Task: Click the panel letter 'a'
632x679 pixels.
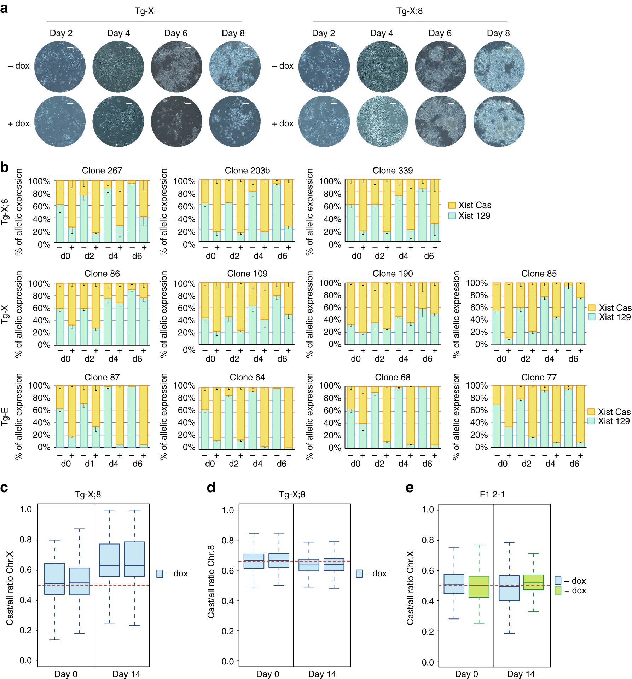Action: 4,8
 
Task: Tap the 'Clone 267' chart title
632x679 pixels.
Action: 102,171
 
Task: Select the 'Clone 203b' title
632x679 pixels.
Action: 247,171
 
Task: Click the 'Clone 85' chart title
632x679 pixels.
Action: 539,274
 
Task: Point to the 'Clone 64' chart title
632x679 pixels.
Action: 247,377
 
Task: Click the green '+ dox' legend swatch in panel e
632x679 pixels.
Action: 558,591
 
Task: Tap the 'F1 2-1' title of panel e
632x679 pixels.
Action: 492,494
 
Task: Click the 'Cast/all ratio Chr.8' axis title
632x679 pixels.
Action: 211,581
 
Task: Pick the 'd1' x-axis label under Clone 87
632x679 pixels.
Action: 89,464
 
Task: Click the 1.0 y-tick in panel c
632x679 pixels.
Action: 26,510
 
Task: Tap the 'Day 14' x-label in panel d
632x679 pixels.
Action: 322,674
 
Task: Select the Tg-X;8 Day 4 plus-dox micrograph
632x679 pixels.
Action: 382,121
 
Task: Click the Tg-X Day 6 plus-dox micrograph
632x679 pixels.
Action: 176,121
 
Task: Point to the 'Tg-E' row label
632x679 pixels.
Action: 5,416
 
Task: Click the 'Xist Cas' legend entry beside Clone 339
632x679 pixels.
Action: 470,205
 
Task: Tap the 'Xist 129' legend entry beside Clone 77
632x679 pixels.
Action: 609,421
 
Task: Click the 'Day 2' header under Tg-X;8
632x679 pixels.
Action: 323,33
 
